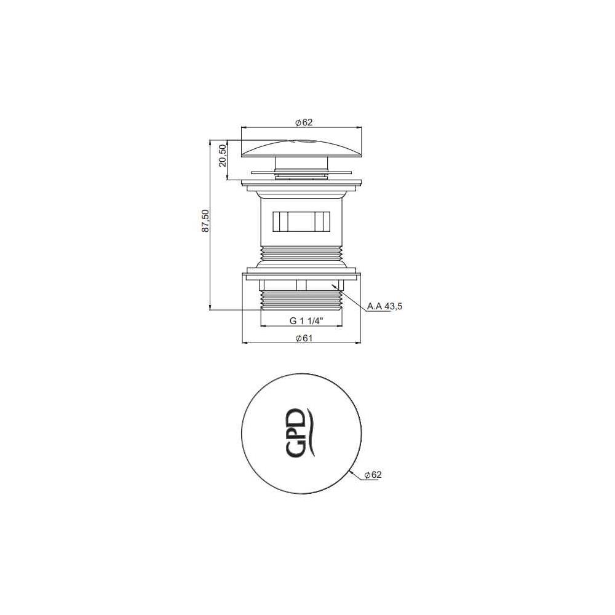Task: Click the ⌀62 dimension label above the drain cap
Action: click(x=304, y=122)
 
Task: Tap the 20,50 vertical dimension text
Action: click(x=223, y=156)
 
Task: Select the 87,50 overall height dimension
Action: click(x=205, y=221)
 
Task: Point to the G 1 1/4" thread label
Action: click(x=306, y=321)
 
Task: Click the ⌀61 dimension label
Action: click(x=304, y=338)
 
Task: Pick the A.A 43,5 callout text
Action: click(x=385, y=306)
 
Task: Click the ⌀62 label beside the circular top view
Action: click(x=373, y=475)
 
